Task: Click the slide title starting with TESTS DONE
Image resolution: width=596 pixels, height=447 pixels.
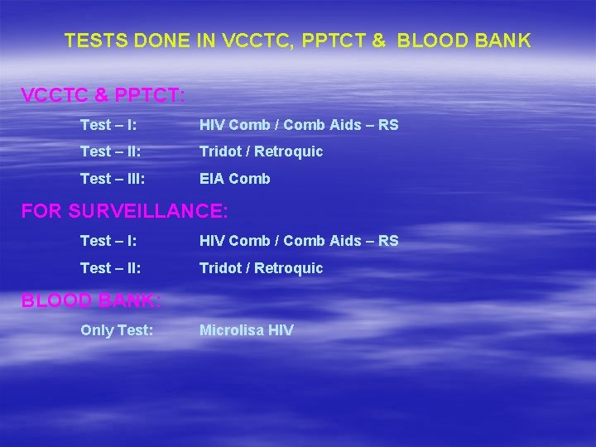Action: click(x=298, y=41)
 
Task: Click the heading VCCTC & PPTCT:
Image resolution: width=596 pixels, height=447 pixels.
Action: click(x=103, y=95)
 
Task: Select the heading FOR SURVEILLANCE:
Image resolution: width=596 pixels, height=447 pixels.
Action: click(x=124, y=211)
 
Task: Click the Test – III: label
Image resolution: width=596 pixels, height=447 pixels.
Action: click(x=113, y=178)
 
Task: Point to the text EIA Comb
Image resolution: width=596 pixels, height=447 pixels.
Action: click(x=234, y=178)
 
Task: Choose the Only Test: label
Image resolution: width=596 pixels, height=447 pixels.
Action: click(x=117, y=330)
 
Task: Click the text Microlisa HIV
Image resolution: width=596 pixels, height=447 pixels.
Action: click(x=246, y=330)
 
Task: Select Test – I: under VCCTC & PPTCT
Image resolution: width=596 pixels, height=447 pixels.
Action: click(x=108, y=125)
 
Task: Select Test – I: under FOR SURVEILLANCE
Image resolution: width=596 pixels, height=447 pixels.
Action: click(x=108, y=241)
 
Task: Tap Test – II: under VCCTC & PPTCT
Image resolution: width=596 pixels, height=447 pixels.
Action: click(x=111, y=151)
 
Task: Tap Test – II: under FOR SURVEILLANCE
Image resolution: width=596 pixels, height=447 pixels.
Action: click(x=111, y=268)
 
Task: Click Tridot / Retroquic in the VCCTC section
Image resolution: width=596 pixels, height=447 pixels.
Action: click(x=261, y=151)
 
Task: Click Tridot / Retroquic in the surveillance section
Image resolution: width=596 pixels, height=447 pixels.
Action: click(x=261, y=268)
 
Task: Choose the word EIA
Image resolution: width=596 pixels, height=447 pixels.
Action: click(x=211, y=178)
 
